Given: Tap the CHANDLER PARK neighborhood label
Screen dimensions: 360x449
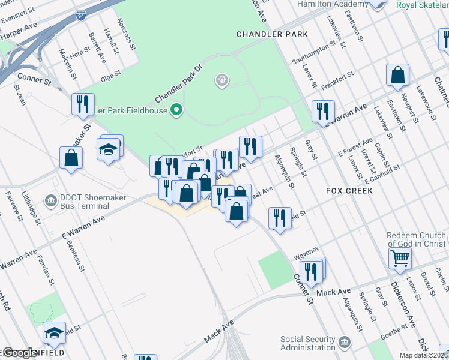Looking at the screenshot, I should (x=272, y=34).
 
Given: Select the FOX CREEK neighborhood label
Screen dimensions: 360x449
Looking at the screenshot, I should (x=349, y=190).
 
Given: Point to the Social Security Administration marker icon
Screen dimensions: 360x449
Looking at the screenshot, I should (x=345, y=343).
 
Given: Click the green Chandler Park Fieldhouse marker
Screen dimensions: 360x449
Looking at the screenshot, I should (x=176, y=110).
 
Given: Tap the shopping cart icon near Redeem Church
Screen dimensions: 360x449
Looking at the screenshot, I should (x=400, y=259).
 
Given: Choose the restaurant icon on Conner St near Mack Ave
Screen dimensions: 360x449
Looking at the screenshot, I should (x=312, y=271).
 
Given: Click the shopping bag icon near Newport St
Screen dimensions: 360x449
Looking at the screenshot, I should (x=397, y=75).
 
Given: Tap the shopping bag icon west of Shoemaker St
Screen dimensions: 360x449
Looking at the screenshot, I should (x=71, y=158).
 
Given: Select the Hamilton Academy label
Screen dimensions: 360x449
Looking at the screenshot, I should (x=334, y=4).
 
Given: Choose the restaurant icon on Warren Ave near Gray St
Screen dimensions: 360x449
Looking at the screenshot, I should (x=323, y=111).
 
